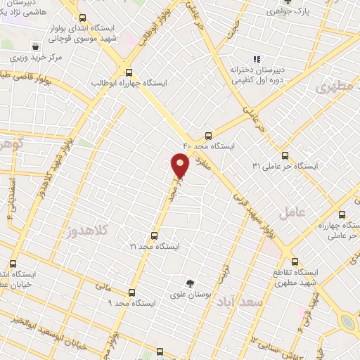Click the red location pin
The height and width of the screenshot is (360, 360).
pos(180,165)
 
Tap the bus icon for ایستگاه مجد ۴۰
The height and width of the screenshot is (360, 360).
pos(208,136)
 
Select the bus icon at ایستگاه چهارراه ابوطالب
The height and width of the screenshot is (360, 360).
pos(128,72)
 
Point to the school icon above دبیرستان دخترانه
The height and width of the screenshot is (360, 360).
pos(257,59)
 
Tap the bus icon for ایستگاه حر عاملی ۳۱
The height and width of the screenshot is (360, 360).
pos(285,155)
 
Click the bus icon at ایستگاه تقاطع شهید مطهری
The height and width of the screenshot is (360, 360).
pos(295,261)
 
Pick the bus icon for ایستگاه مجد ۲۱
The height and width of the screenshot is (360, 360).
pos(155,236)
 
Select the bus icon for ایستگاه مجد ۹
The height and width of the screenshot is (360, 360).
pos(131,292)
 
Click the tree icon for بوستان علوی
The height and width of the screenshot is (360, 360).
pos(188,283)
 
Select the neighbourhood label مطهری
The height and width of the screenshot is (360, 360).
pos(333,88)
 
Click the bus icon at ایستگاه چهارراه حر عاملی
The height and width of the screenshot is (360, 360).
pos(342,215)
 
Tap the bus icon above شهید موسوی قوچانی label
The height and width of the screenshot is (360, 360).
pos(83,18)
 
